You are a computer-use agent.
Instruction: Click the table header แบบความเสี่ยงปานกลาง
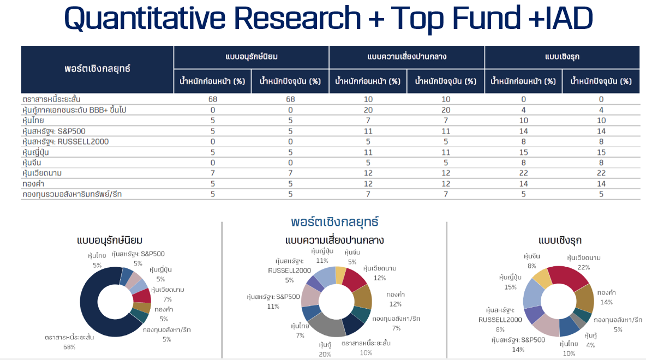click(407, 57)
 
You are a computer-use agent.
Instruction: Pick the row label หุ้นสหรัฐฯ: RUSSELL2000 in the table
click(65, 141)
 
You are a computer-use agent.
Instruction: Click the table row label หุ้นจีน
click(33, 163)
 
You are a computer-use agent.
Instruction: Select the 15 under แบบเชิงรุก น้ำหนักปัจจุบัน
click(601, 152)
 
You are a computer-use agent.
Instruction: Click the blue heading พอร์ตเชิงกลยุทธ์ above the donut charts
click(335, 222)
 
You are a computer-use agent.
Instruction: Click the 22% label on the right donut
click(583, 267)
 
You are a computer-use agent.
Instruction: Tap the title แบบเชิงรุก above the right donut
click(559, 241)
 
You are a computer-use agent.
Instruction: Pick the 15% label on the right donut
click(510, 287)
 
